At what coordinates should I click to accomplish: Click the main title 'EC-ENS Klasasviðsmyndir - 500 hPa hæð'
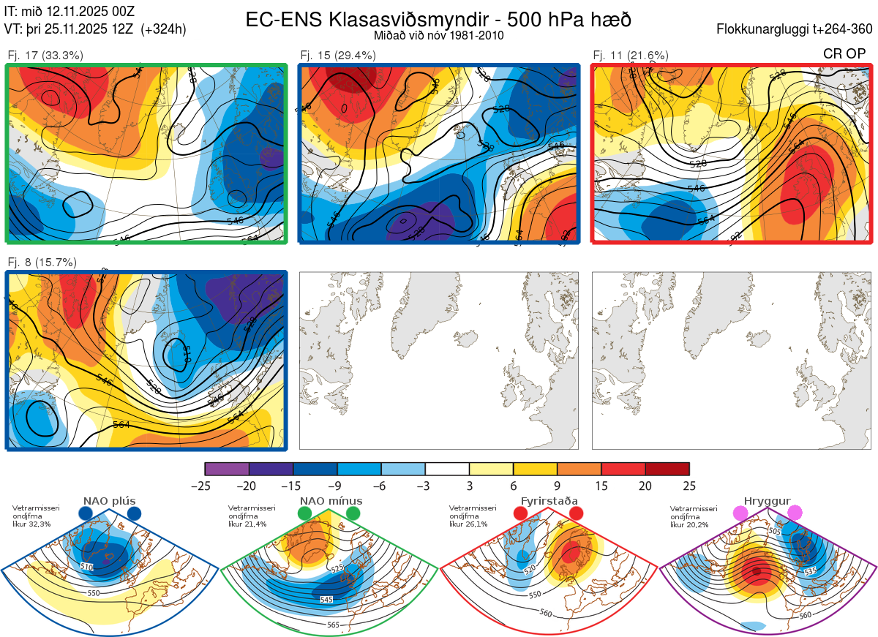coord(438,20)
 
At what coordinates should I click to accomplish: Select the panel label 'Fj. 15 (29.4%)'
coord(338,55)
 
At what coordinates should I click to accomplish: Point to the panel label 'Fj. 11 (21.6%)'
coord(631,55)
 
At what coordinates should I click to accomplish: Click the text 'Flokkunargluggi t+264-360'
coord(796,29)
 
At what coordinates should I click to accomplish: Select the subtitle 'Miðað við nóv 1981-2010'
coord(438,35)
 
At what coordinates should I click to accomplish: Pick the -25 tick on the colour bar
coord(205,486)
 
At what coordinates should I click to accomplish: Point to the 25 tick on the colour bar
coord(689,486)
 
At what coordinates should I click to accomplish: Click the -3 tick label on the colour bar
coord(425,486)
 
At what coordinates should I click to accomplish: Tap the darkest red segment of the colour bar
coord(667,469)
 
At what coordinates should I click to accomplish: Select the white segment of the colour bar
coord(447,469)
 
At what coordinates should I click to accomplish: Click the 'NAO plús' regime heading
coord(110,501)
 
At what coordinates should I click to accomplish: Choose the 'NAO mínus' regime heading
coord(331,501)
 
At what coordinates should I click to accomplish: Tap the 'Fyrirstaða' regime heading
coord(549,501)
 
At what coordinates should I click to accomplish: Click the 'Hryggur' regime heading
coord(768,501)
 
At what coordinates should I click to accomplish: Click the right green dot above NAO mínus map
coord(353,513)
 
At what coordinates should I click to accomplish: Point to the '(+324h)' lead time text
coord(164,29)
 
